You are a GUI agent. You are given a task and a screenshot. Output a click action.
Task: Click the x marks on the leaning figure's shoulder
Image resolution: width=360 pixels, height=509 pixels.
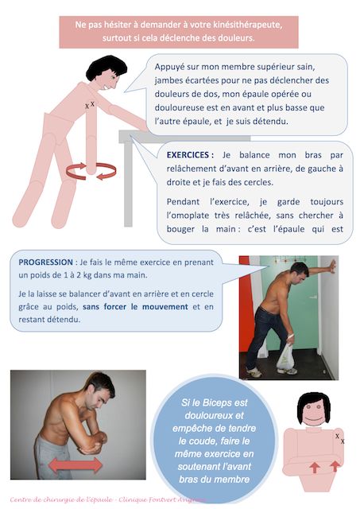89,104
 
